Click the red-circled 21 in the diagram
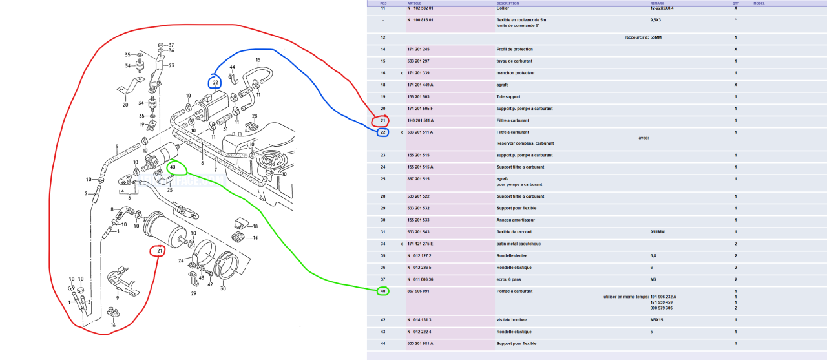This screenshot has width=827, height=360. coord(159,250)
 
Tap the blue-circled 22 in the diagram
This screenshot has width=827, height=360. coord(215,82)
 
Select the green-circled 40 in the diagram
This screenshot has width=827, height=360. coord(173,167)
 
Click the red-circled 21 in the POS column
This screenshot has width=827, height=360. coord(382,120)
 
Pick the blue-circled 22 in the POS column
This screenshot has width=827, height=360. coord(382,132)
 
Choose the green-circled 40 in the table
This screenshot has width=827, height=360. coord(382,291)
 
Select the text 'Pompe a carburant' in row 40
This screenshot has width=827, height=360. coord(514,291)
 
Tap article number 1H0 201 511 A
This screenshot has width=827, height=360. coord(421,120)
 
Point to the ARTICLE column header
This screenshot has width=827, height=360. coord(415,3)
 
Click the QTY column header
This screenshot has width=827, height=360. coord(735,3)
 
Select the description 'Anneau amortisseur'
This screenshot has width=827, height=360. coord(516,220)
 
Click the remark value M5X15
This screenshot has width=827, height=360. coord(657,320)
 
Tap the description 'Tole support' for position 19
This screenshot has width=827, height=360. coord(509,96)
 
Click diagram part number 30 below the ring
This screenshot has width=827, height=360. coord(223,289)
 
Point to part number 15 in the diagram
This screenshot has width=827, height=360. coord(258,60)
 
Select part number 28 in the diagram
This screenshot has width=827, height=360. coord(255,116)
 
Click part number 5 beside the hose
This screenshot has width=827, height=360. coord(116,147)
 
